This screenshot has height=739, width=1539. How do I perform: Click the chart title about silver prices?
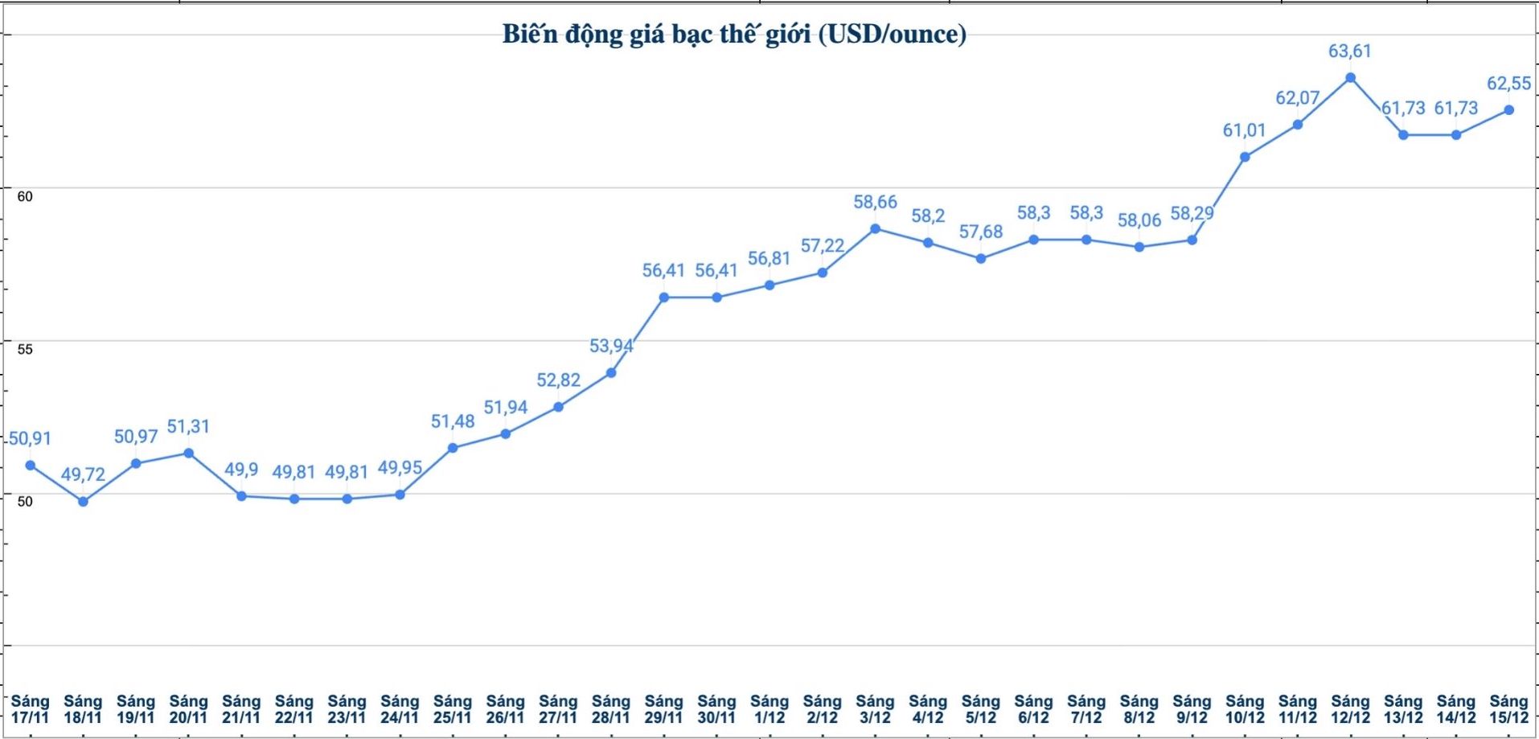point(734,34)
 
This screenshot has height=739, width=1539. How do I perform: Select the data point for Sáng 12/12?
point(1350,78)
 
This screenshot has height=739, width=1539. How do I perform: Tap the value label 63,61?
point(1349,51)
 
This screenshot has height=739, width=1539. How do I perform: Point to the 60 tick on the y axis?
point(25,196)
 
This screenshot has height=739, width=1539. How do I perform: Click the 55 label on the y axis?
point(25,349)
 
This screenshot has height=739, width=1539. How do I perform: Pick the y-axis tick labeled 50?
point(25,501)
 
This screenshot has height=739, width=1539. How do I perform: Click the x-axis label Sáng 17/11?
point(30,709)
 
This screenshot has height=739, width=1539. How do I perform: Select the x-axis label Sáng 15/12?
point(1508,709)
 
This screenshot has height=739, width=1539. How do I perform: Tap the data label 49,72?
point(83,474)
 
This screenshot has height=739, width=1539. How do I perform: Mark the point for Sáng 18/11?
point(83,502)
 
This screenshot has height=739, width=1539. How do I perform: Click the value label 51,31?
point(188,426)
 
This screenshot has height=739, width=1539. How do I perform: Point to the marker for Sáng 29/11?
point(664,298)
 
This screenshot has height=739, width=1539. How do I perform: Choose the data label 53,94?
point(611,346)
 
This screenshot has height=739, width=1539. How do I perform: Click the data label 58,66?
point(875,202)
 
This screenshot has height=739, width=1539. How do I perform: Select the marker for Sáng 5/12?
point(981,258)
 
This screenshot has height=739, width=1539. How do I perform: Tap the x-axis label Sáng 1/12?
point(769,709)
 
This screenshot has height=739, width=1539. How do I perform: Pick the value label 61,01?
point(1244,130)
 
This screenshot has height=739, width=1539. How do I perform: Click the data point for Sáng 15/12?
point(1509,110)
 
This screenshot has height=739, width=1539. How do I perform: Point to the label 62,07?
point(1297,98)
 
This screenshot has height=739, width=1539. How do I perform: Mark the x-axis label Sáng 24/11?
point(400,709)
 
